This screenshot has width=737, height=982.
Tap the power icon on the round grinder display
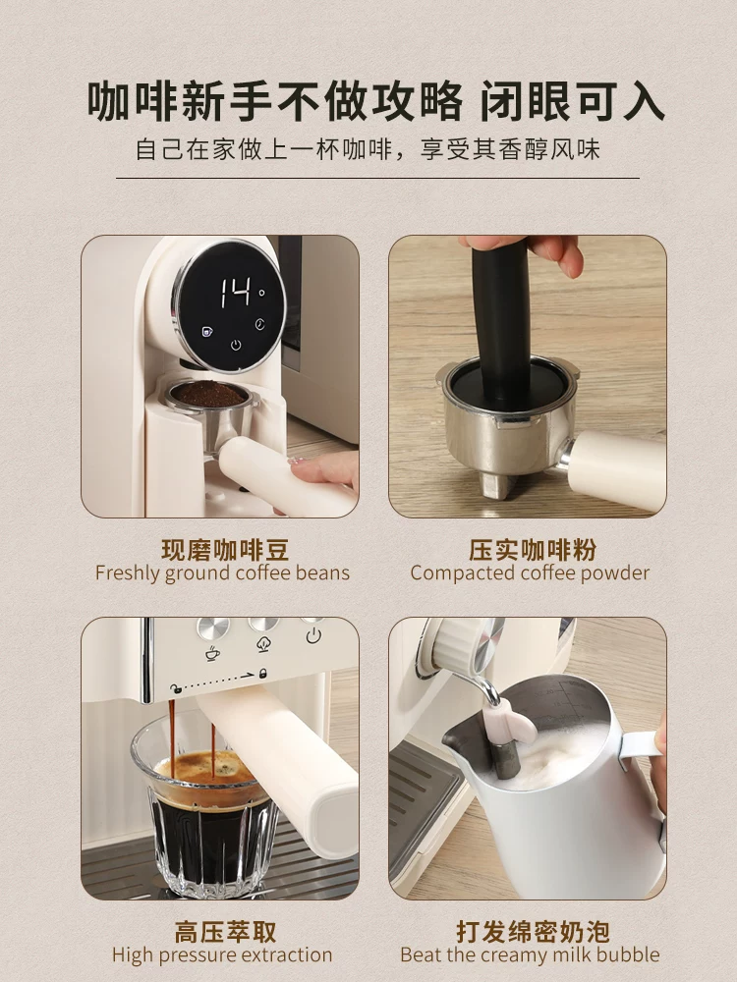pos(236,345)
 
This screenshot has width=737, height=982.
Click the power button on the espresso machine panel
pos(312,634)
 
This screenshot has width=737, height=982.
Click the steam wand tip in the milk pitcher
pos(503,756)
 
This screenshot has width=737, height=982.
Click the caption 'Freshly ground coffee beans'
pos(222,573)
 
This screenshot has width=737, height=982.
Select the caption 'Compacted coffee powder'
pos(530,573)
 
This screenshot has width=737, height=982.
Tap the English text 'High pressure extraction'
pos(222,955)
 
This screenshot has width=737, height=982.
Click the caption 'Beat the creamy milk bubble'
pos(530,955)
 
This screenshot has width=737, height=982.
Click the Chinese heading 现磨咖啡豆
pos(225,549)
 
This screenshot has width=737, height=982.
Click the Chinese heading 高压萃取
pos(225,930)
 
